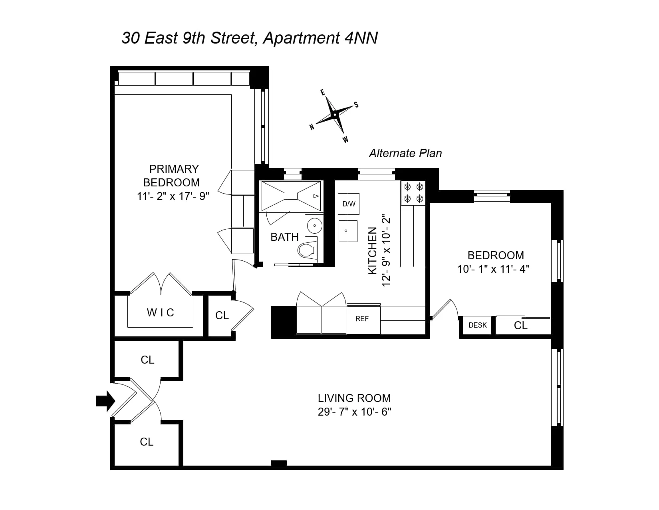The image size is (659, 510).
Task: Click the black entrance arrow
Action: (105, 400)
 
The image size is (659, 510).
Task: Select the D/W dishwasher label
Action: (349, 204)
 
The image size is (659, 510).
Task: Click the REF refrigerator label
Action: (362, 319)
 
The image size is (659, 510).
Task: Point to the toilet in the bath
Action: (306, 251)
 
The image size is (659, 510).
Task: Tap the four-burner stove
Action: (413, 192)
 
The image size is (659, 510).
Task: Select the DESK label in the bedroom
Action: (478, 325)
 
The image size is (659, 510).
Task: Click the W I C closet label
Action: (161, 312)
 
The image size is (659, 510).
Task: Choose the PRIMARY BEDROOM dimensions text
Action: (173, 196)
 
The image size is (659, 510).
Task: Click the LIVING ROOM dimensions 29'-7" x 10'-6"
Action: (354, 412)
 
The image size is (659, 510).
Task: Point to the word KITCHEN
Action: (372, 250)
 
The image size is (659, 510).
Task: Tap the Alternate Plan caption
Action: (405, 153)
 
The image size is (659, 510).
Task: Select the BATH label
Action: (284, 237)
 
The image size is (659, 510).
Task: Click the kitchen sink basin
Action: (348, 231)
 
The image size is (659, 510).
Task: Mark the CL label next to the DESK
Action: (521, 326)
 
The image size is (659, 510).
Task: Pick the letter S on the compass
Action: (356, 105)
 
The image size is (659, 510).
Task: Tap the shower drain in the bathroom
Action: (291, 196)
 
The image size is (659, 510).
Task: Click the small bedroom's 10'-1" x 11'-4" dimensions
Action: (493, 269)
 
